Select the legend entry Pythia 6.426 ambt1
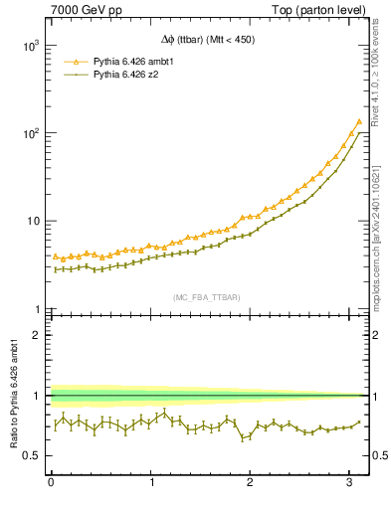(x=134, y=61)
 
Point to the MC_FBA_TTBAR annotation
(x=207, y=297)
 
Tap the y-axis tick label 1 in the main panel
(x=36, y=309)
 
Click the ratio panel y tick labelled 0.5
(x=31, y=455)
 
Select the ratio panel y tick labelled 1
(x=36, y=396)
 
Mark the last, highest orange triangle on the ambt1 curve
(x=358, y=122)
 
